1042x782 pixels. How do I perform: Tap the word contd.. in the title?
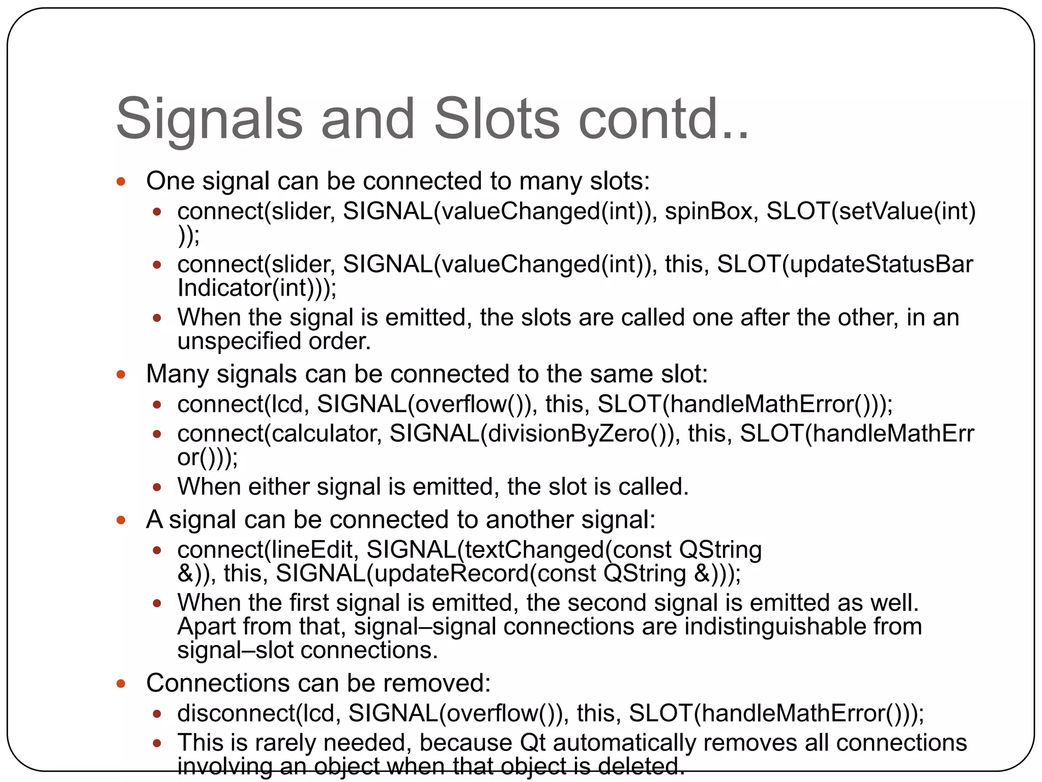[663, 119]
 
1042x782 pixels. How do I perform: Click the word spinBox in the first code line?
[708, 211]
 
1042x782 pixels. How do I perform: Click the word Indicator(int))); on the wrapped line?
[256, 288]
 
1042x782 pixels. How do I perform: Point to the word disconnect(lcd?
[258, 713]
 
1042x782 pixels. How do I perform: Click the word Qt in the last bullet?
[532, 743]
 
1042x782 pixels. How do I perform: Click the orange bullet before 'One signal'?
[121, 182]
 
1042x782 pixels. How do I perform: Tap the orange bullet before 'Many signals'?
[121, 375]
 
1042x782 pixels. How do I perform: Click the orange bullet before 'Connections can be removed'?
[121, 684]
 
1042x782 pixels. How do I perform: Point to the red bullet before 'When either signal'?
[157, 487]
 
